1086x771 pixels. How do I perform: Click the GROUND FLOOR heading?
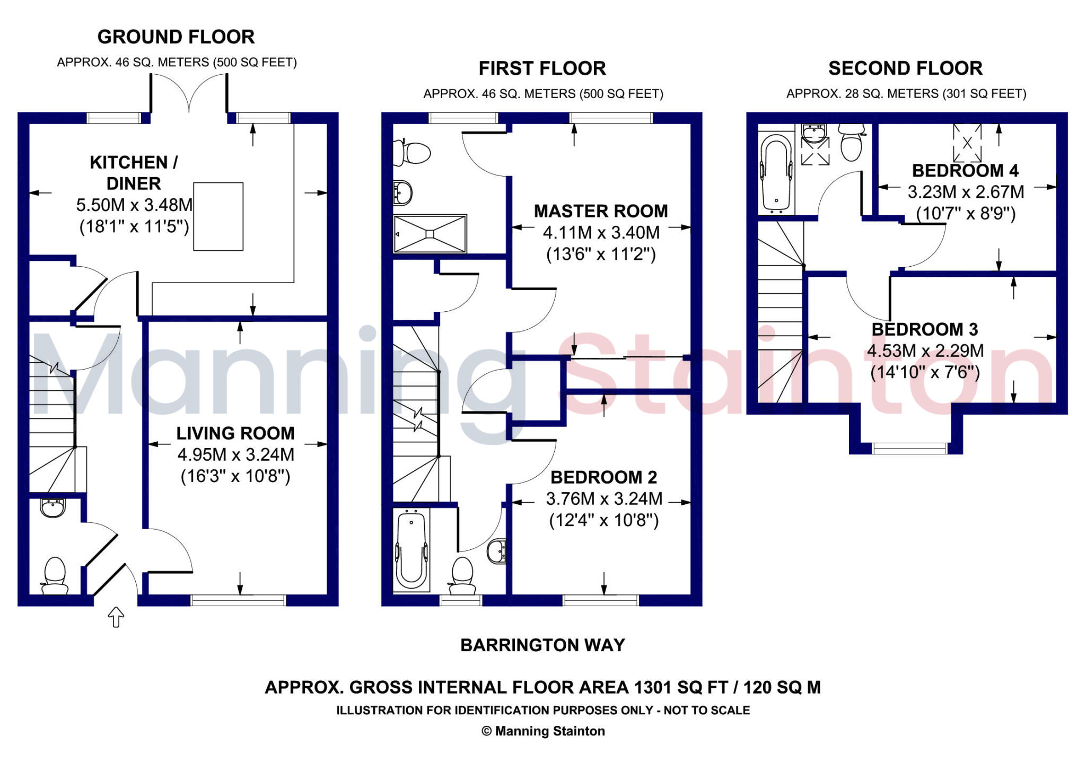176,37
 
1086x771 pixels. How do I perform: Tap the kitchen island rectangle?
218,216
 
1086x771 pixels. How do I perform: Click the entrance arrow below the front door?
116,617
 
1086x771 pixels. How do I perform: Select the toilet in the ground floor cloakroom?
55,575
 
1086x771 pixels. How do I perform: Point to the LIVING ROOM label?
235,433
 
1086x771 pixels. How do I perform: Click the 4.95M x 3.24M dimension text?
235,454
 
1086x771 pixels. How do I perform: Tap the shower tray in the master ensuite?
430,233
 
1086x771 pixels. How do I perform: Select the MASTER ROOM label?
601,211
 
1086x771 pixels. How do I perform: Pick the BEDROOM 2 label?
603,477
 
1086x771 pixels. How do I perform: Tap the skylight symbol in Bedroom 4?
967,143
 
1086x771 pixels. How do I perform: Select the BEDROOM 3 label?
924,329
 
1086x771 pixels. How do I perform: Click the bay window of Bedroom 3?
909,449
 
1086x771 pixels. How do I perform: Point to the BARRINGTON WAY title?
542,645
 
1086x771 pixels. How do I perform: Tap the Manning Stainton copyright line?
543,731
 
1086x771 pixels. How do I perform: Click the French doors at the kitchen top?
189,93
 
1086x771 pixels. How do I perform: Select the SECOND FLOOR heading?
905,68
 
